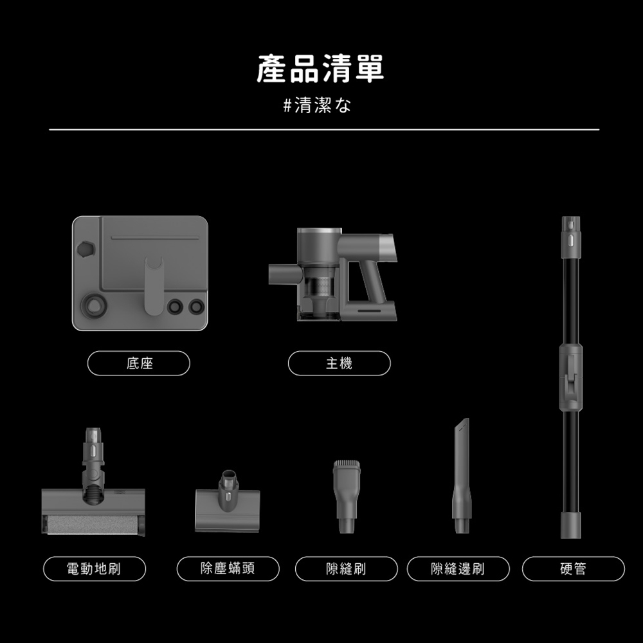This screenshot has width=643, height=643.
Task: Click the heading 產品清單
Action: point(320,69)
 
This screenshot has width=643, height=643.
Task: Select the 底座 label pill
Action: point(139,363)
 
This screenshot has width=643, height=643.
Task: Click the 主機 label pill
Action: point(339,363)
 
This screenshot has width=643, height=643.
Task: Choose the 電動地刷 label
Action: point(95,568)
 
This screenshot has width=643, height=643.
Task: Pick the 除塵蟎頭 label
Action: point(228,568)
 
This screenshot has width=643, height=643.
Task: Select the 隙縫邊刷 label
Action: point(458,568)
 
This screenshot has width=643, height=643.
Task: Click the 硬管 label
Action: point(573,568)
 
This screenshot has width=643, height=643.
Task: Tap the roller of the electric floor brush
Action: point(90,524)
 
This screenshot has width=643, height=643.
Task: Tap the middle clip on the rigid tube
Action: point(571,376)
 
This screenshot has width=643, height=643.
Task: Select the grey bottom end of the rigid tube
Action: point(571,524)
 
